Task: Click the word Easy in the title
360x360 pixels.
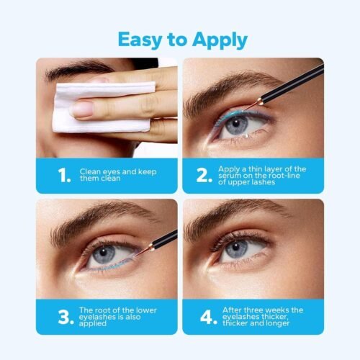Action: [140, 40]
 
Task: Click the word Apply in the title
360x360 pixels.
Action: [220, 40]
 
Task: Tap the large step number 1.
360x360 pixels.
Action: [64, 175]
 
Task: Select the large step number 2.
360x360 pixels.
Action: [204, 175]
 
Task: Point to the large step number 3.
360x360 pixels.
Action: [66, 317]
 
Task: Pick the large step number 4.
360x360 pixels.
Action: [209, 317]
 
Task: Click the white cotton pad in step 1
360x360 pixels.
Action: [101, 107]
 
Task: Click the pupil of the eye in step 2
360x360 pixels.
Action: [236, 123]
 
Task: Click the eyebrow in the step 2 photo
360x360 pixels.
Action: [230, 92]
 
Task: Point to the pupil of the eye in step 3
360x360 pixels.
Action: [104, 252]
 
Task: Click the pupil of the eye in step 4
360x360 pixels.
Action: [235, 247]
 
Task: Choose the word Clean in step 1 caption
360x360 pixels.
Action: [90, 171]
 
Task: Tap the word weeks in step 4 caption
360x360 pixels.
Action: [276, 310]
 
